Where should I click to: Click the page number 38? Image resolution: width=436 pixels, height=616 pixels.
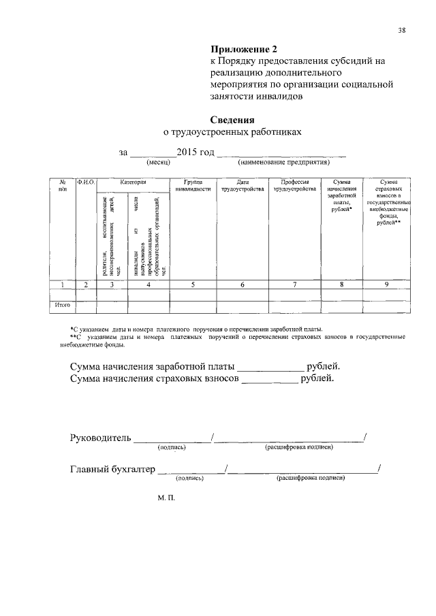tap(402, 31)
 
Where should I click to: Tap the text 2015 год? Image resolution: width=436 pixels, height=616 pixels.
tap(196, 152)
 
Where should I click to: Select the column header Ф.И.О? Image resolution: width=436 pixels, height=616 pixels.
tap(86, 182)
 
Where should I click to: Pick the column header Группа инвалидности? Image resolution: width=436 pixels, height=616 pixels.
tap(193, 186)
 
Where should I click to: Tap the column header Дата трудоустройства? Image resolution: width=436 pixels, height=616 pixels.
tap(242, 186)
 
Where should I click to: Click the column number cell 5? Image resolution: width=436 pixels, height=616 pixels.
tap(193, 285)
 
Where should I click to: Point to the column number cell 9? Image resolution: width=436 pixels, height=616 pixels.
tap(386, 285)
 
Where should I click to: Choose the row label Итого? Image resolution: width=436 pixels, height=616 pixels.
tap(63, 306)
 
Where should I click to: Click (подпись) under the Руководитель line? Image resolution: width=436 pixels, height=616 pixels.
tap(172, 447)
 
